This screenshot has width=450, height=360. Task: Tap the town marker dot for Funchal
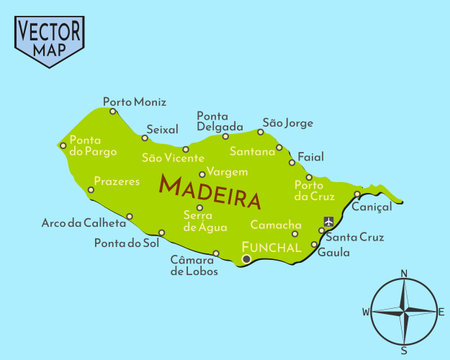pos(246,259)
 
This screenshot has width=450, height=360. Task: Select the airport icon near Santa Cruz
pos(329,221)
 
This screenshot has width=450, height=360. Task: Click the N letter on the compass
pos(404,273)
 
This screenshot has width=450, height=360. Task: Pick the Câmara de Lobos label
pos(193,265)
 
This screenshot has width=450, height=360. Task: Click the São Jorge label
pos(287,123)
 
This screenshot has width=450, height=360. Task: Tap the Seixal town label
pos(162,130)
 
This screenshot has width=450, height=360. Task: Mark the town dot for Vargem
pos(202,174)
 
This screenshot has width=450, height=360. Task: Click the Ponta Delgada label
pos(219,121)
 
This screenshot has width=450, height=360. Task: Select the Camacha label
pos(275,225)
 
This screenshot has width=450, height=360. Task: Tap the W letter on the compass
pos(365,312)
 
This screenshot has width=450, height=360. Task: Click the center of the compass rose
pos(404,311)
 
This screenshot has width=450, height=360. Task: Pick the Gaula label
pos(333,253)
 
